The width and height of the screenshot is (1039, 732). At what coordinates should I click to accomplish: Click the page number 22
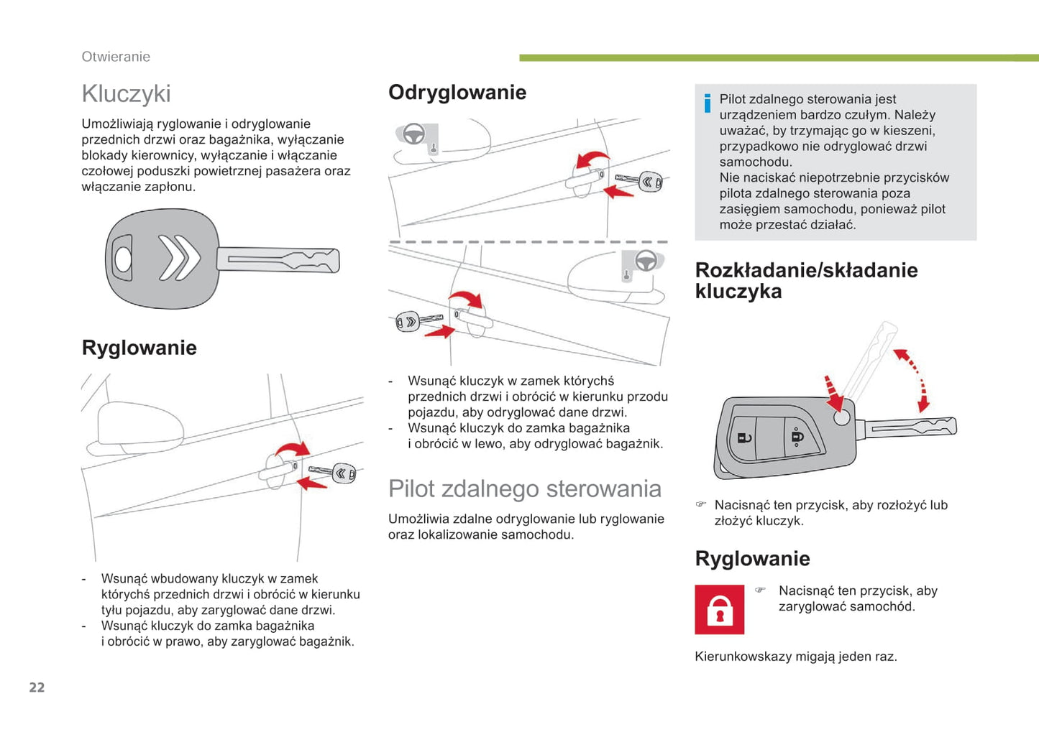37,687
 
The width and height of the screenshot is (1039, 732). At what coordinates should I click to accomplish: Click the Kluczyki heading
126,93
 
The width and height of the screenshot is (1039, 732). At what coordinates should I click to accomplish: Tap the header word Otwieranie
116,57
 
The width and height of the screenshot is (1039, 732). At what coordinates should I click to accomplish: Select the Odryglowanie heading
457,92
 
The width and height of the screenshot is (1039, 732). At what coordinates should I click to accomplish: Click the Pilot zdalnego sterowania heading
524,488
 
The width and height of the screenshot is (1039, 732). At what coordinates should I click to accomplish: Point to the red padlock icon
719,610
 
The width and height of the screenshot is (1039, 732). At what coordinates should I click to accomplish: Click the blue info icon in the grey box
708,103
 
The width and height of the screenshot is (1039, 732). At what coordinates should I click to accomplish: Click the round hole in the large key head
124,259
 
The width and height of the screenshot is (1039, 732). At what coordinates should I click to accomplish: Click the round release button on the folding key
841,417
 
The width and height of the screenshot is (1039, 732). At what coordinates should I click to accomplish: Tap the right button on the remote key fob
797,435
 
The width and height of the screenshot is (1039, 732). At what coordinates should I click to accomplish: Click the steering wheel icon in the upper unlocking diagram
414,134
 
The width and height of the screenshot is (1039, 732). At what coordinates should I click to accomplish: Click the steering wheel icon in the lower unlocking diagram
645,261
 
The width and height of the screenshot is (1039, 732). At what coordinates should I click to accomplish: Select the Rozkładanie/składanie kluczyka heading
806,280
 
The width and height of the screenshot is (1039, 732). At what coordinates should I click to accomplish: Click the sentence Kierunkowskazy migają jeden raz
795,656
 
